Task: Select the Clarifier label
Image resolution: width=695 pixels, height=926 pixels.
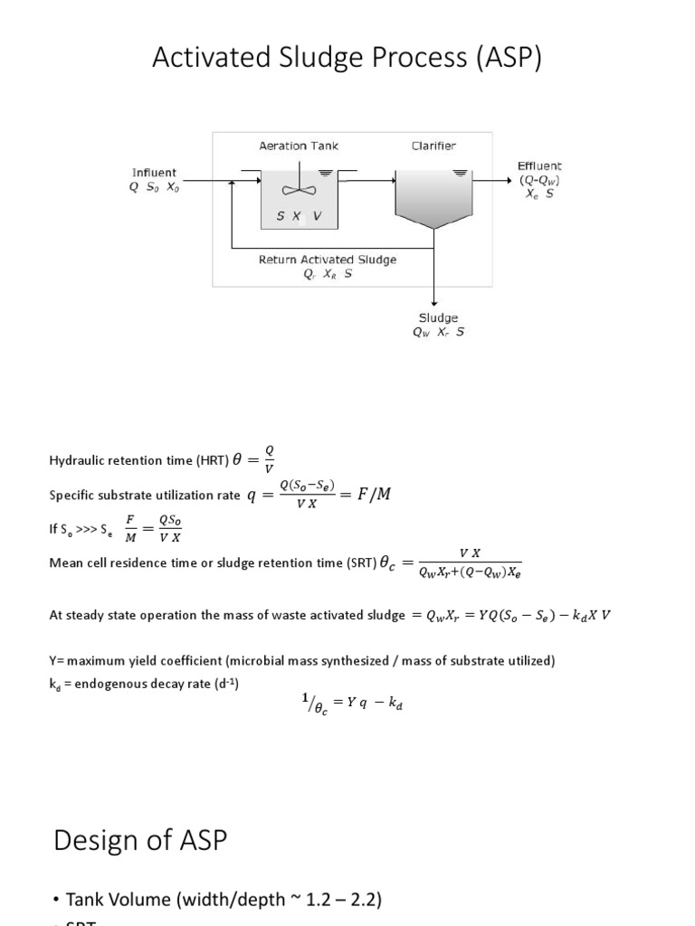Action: point(434,146)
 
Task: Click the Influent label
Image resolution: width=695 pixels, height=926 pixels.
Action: point(155,172)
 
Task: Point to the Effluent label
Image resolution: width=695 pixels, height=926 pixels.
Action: point(539,165)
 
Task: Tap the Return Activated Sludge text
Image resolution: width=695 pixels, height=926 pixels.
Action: point(328,260)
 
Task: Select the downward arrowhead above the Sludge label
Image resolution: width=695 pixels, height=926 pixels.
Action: point(435,303)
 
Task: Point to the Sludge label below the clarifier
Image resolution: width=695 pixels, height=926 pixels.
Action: point(438,317)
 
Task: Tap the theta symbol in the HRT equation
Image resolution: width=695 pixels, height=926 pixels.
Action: point(239,459)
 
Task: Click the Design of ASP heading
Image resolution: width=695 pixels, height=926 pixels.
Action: point(140,840)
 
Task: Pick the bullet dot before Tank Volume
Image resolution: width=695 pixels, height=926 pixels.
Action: point(56,899)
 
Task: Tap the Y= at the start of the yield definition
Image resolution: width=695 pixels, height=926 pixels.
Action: point(57,661)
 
